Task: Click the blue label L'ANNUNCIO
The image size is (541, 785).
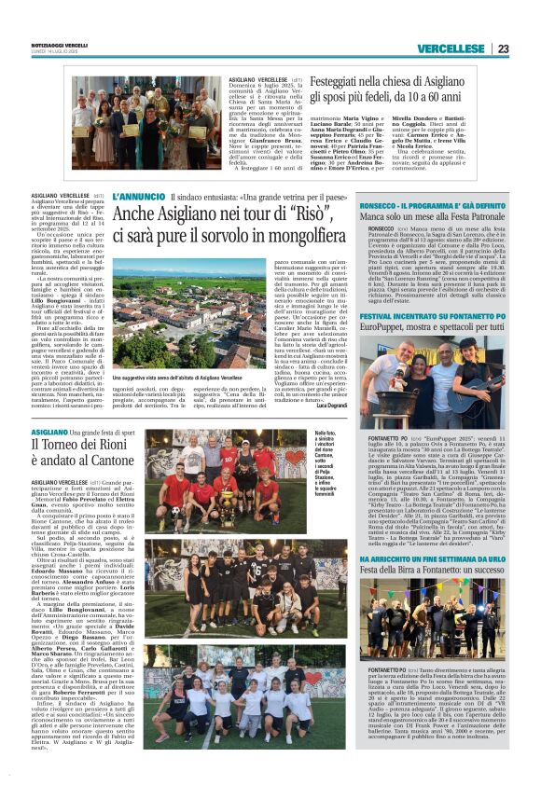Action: [138, 199]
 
